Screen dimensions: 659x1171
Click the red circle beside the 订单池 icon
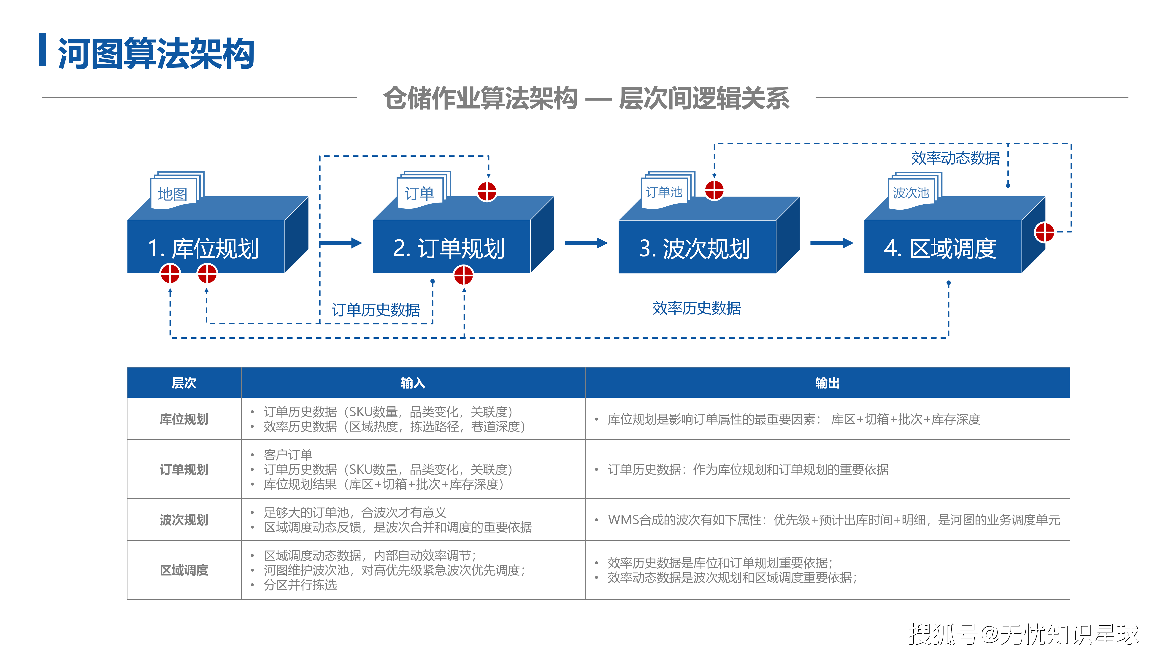tap(714, 190)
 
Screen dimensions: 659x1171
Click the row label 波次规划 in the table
tap(184, 519)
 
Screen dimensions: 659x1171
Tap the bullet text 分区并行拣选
tap(300, 585)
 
